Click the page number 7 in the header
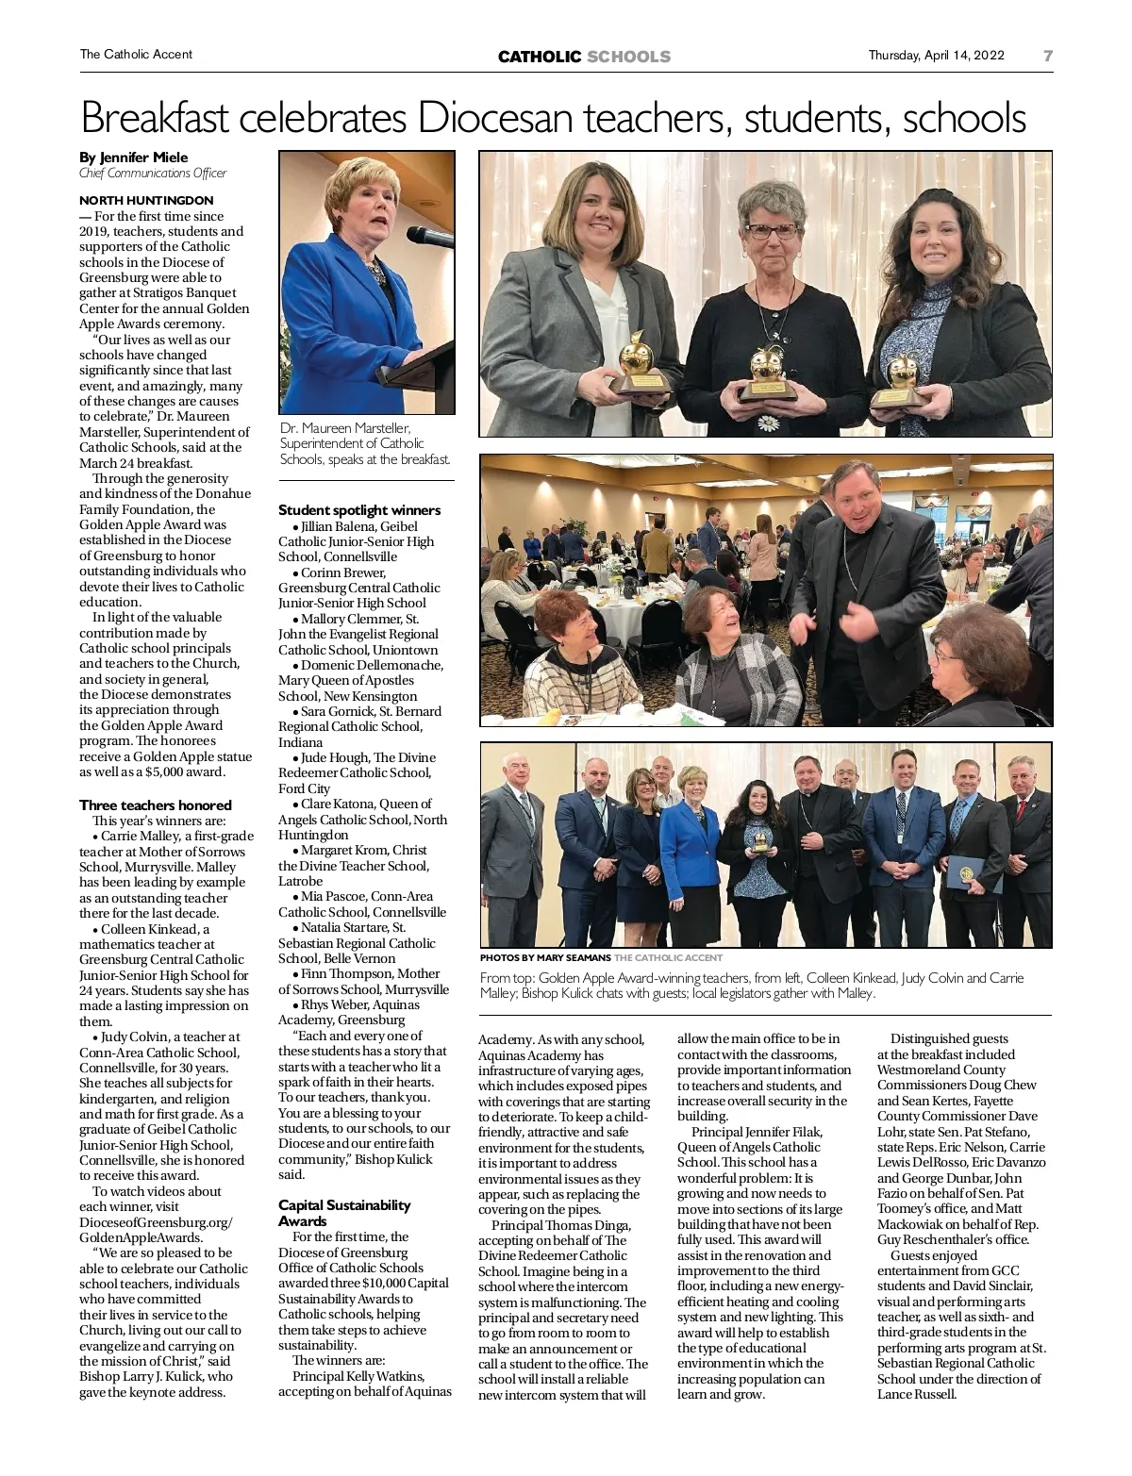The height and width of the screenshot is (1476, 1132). pos(1047,56)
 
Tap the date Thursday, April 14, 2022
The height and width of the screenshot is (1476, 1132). pos(936,55)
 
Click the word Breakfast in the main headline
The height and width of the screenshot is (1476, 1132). pos(156,119)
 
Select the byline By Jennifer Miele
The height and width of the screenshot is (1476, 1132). pos(133,158)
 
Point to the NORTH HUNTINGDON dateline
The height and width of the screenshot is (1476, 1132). pos(146,200)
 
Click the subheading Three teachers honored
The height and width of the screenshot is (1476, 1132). pos(156,804)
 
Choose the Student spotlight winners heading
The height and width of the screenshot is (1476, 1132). pos(359,510)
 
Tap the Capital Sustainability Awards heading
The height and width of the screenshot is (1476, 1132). pos(344,1213)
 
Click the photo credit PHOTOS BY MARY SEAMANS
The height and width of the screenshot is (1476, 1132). pos(545,957)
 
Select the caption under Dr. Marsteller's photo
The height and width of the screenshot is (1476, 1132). pos(365,443)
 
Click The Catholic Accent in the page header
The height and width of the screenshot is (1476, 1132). pos(136,55)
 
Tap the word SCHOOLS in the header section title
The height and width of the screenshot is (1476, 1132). pos(628,57)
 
